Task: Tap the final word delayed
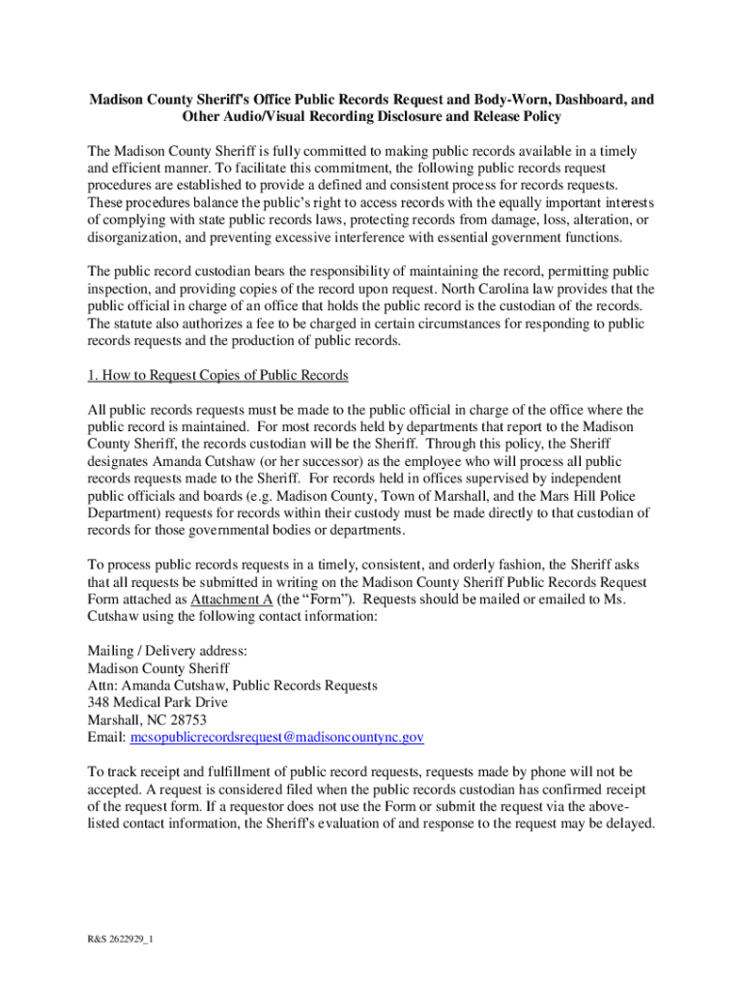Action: (x=630, y=824)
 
